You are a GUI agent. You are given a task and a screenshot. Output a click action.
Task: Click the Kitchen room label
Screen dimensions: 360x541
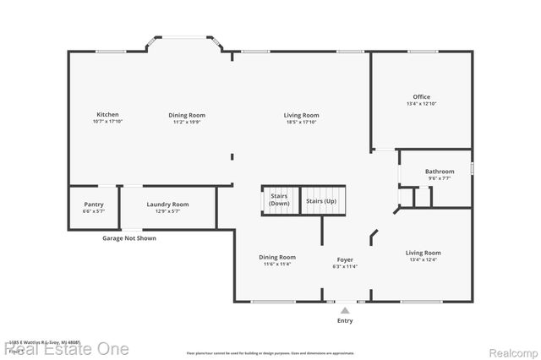tap(107, 114)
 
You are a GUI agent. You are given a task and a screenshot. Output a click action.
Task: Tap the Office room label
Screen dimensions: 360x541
tap(421, 96)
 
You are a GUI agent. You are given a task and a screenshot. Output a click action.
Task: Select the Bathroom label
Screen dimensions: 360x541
tap(440, 172)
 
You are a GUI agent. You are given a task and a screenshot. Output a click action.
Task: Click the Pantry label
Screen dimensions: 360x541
tap(94, 204)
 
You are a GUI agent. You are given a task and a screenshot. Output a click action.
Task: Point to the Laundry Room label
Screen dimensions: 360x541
tap(167, 204)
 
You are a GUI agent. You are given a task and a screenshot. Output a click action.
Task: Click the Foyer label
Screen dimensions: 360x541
tap(345, 259)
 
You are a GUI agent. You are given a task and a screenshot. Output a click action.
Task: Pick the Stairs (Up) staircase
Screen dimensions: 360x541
tap(320, 201)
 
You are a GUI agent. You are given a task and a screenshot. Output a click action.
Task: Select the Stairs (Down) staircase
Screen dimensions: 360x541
tap(279, 201)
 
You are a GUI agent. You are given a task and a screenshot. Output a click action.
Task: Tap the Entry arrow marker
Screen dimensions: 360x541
tap(345, 310)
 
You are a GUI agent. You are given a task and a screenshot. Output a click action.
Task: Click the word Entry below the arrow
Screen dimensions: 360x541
tap(345, 321)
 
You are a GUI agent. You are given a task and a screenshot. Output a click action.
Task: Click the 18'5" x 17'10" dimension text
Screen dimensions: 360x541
tap(301, 122)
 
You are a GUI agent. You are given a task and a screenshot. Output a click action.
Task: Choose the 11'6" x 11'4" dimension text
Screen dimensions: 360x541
tap(276, 265)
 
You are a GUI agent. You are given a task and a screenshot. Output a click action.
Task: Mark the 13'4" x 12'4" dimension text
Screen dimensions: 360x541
tap(423, 259)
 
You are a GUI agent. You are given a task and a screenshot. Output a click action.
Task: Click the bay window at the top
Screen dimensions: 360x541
tap(184, 38)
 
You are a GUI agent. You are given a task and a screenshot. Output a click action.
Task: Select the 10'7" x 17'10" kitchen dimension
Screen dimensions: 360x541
tap(107, 122)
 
